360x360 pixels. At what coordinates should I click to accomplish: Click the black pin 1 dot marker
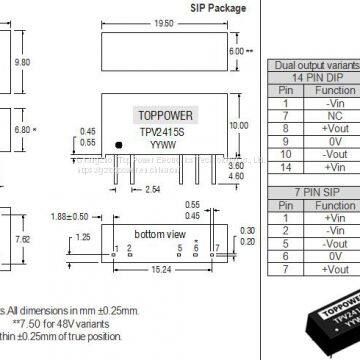[119, 145]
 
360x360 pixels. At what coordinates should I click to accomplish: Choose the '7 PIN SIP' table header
[311, 189]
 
